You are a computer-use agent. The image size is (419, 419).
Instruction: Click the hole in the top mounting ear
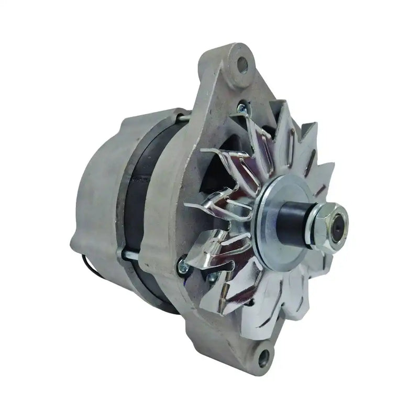[x=242, y=65]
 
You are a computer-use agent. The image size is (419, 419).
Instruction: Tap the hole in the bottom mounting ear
[x=263, y=358]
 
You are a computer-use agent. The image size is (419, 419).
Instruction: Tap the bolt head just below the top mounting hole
[x=241, y=108]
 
